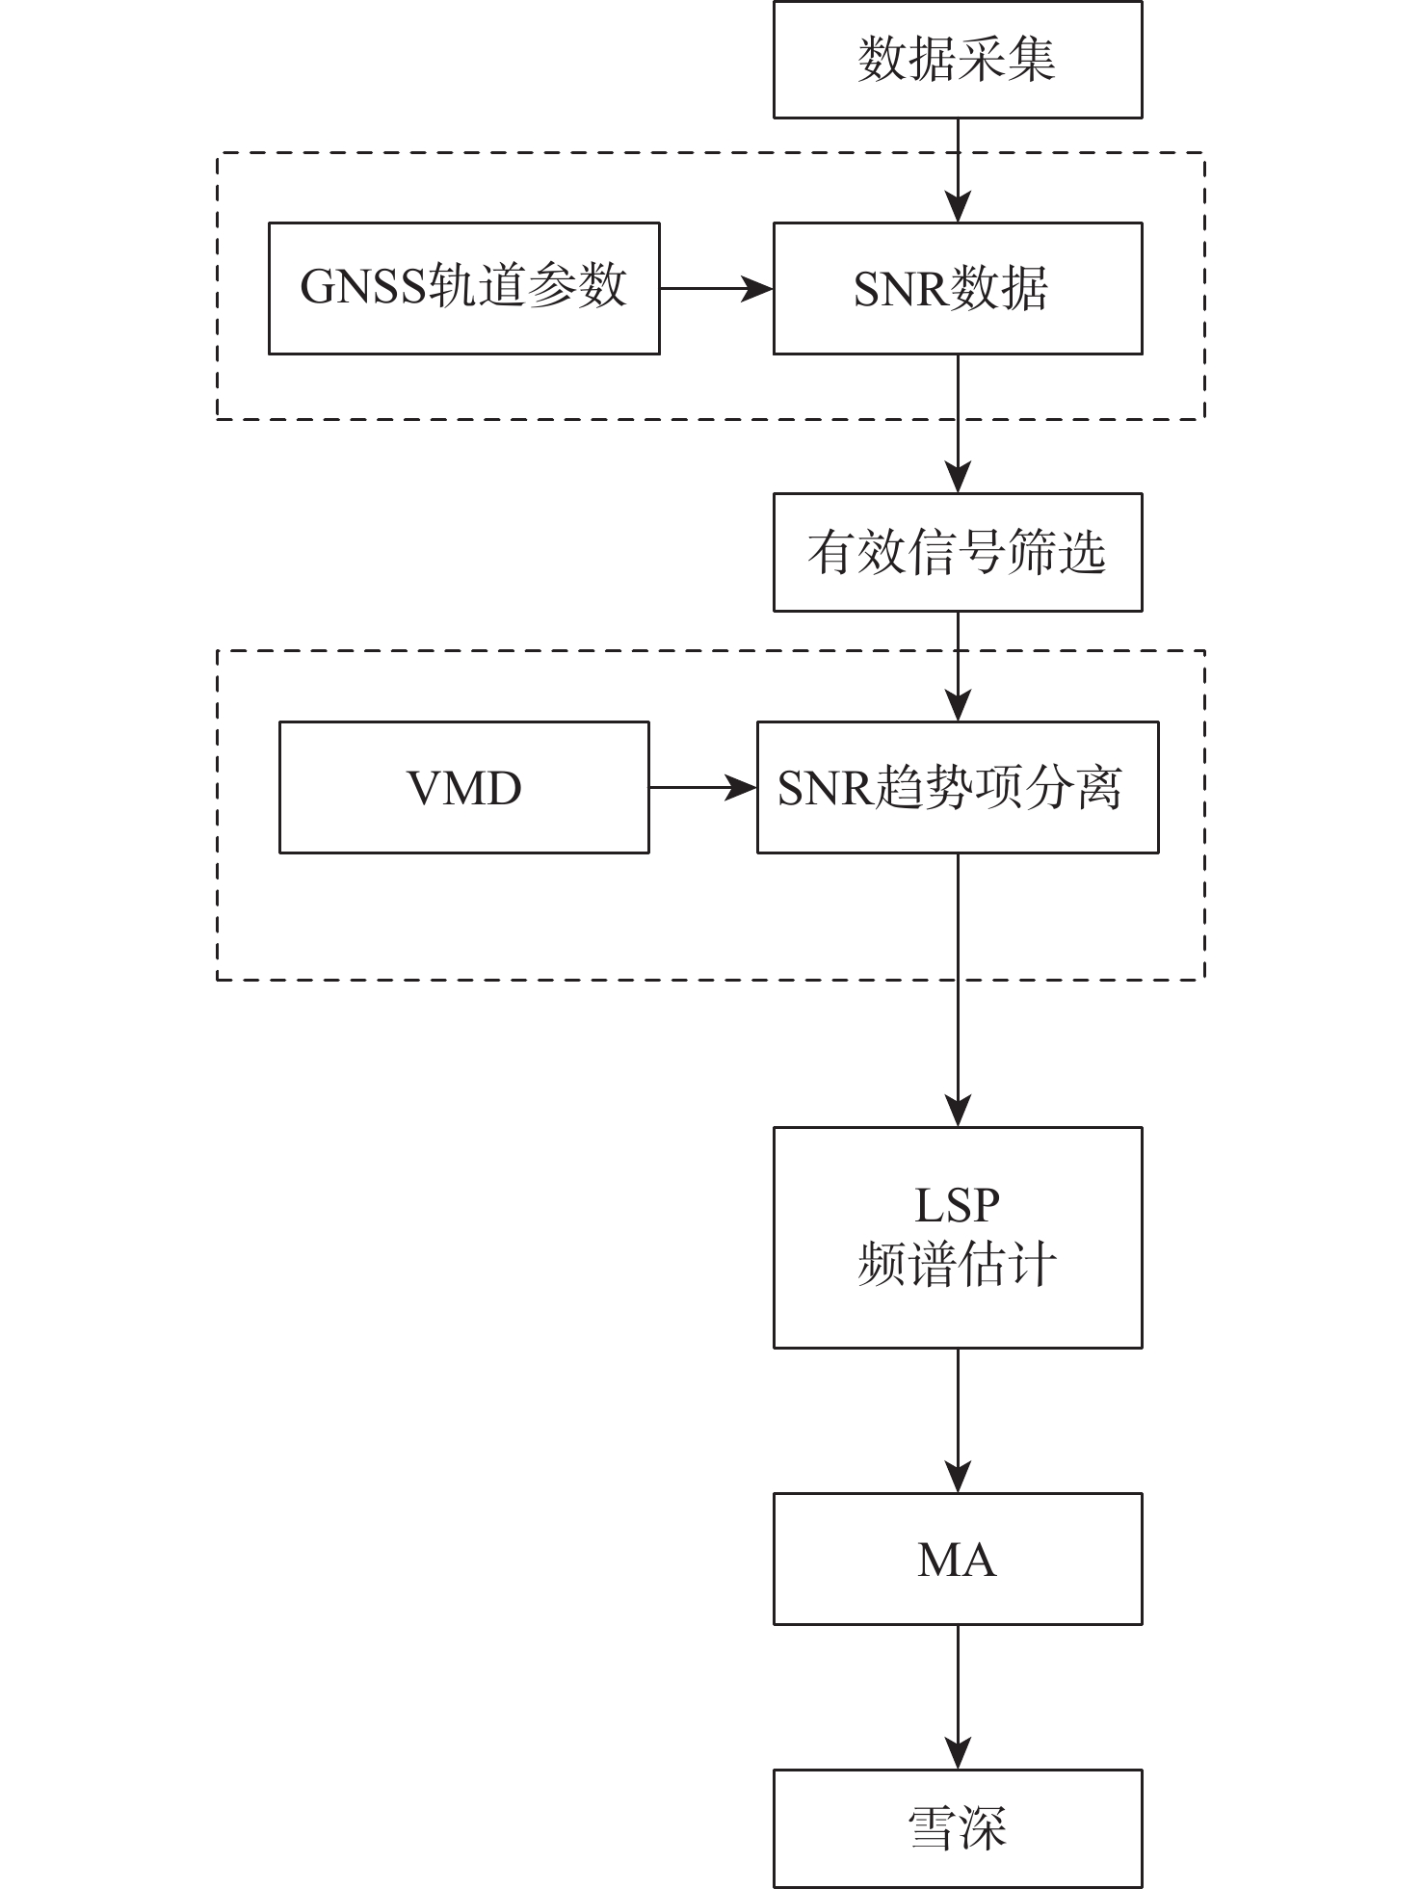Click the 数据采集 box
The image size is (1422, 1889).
point(958,60)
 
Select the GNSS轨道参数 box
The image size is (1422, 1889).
point(463,288)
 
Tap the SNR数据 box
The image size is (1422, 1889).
point(958,288)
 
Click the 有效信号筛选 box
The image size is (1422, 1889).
point(958,552)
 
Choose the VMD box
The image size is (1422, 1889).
point(463,787)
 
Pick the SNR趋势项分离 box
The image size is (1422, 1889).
point(958,787)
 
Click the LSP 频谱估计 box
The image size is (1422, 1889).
point(958,1237)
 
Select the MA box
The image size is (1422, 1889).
point(958,1559)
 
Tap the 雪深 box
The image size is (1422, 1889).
point(958,1827)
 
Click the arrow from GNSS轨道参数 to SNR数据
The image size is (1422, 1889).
point(716,288)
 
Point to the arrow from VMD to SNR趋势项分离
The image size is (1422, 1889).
point(702,787)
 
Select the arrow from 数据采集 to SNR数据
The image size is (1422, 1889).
point(958,171)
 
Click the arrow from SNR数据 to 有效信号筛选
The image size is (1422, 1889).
point(958,424)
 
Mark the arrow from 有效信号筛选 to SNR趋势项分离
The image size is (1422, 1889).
point(958,666)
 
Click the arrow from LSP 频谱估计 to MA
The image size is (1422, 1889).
point(958,1420)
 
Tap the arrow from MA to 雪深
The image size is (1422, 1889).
point(958,1696)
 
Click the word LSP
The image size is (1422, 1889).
point(958,1205)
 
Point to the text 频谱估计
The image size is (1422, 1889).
point(958,1265)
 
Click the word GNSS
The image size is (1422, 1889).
point(362,287)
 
